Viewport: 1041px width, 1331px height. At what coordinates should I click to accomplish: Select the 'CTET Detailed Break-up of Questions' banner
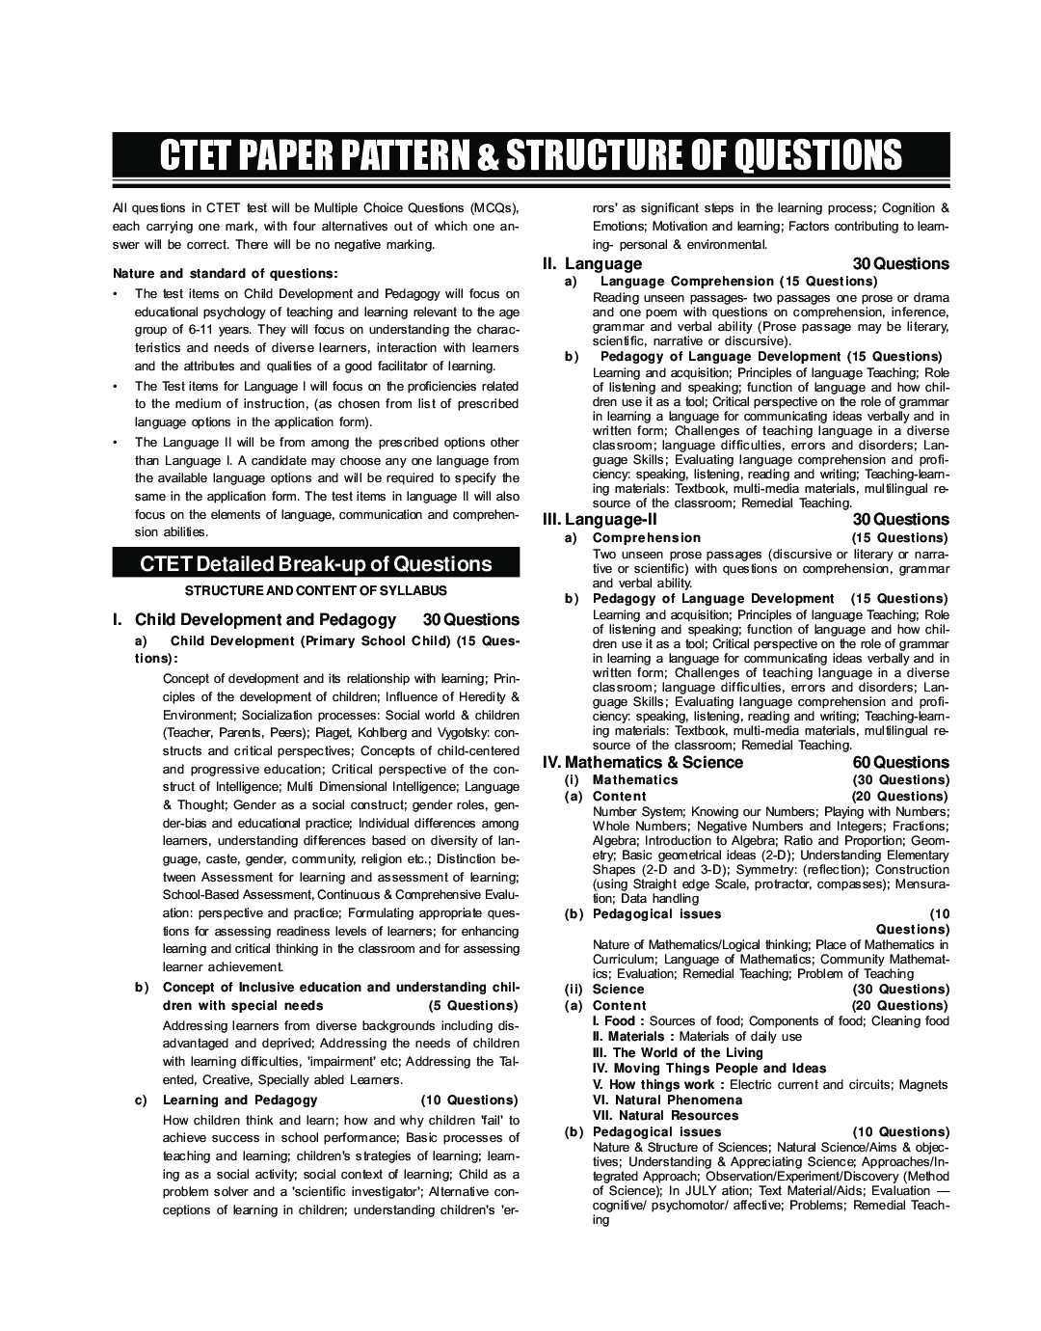click(316, 564)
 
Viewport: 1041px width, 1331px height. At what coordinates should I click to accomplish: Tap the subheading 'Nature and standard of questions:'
click(226, 273)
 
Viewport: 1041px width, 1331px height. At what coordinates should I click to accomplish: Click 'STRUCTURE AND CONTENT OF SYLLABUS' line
click(316, 590)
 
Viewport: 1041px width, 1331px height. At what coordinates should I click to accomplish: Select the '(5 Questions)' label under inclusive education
click(472, 1005)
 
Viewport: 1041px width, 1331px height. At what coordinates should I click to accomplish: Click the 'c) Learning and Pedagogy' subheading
click(239, 1100)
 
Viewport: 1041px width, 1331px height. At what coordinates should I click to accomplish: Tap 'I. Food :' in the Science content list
click(619, 1020)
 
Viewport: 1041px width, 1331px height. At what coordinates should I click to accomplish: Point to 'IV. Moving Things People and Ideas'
click(708, 1068)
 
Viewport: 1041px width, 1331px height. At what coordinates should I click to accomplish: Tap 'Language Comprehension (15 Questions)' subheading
click(738, 281)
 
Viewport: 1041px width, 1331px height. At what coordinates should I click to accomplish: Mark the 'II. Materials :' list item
click(633, 1036)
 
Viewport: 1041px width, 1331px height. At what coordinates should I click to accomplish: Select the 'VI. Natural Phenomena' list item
click(667, 1100)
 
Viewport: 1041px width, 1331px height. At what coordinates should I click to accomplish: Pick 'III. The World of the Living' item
click(677, 1052)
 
